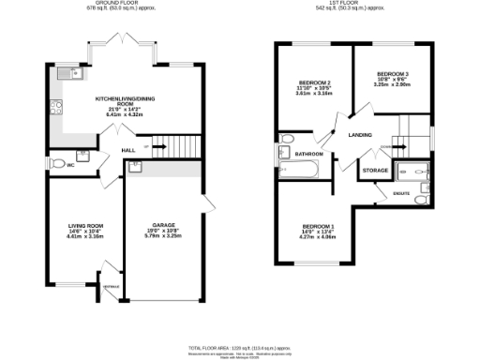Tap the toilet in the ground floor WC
pyautogui.click(x=57, y=165)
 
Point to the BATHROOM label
pyautogui.click(x=308, y=154)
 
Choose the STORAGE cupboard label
pyautogui.click(x=375, y=171)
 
